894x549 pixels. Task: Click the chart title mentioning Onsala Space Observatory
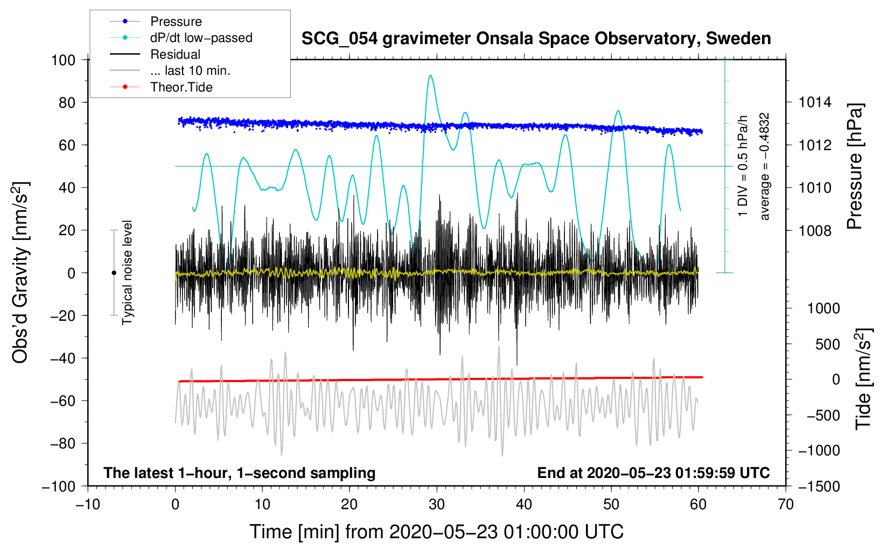pos(536,39)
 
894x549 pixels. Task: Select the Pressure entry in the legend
pos(176,22)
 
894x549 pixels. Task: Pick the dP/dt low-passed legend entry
pos(201,38)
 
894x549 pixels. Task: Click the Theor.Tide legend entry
pos(181,87)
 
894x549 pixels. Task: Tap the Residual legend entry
pos(175,54)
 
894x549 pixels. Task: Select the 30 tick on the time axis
pos(437,504)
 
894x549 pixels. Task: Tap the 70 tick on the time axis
pos(786,504)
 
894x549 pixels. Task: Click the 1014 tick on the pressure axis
pos(815,102)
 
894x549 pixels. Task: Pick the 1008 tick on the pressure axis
pos(815,230)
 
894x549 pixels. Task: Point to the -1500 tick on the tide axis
pos(819,486)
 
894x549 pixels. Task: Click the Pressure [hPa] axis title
pos(855,167)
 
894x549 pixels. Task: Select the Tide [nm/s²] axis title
pos(863,379)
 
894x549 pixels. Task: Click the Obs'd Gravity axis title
pos(20,272)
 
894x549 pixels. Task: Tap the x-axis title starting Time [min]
pos(436,532)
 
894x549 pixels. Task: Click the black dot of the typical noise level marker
pos(114,273)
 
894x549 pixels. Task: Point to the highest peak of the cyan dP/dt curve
pos(430,76)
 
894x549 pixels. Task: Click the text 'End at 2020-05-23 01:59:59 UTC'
pos(653,473)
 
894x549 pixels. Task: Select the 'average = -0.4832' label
pos(765,167)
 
